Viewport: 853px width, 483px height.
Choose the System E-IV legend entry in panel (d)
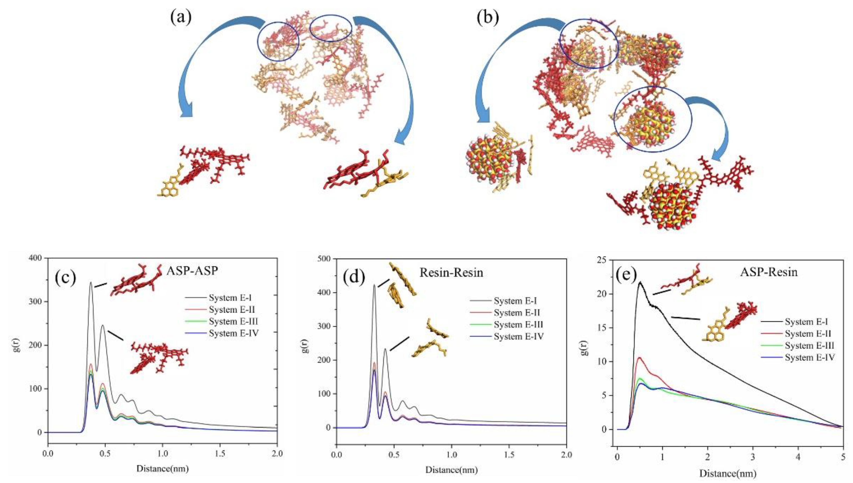pos(519,337)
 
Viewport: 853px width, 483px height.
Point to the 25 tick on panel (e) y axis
pos(604,261)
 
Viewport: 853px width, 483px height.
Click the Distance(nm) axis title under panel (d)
pos(452,470)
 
